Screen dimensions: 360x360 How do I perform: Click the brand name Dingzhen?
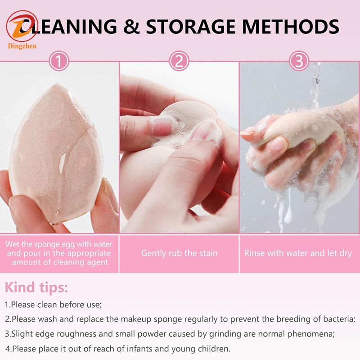tap(22, 45)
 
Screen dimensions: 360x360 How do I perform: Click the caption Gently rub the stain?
tap(179, 253)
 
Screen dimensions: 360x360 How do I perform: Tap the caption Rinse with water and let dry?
tap(298, 253)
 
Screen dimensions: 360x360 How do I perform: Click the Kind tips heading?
tap(36, 287)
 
